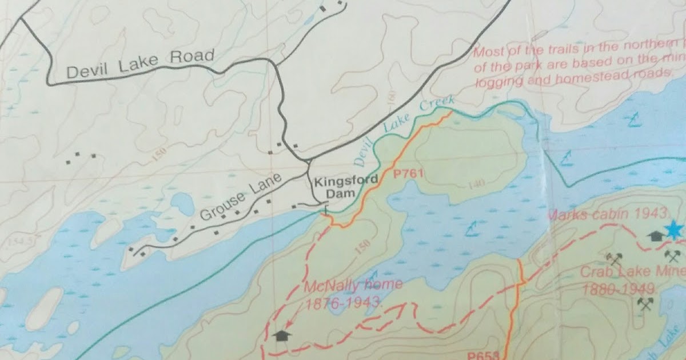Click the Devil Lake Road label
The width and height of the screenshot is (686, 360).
coord(140,65)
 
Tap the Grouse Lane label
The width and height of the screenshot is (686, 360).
coord(241,198)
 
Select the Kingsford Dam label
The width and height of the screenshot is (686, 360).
coord(345,187)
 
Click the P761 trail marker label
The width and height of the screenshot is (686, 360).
coord(407,173)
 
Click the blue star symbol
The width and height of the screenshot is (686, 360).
coord(673,231)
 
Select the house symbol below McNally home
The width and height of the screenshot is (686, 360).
coord(281,335)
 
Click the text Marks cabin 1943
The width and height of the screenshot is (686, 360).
coord(608,215)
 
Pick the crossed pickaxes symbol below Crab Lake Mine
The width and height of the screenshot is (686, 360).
coord(647,303)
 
